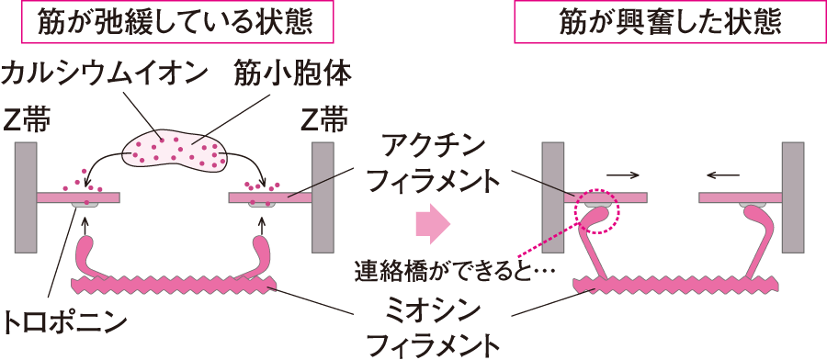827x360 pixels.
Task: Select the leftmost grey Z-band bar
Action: point(27,197)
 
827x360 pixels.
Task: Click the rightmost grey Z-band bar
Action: point(792,197)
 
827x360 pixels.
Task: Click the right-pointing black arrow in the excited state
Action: point(621,172)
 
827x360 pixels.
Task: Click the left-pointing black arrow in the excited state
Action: point(726,172)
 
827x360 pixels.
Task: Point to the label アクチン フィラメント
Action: point(433,165)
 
